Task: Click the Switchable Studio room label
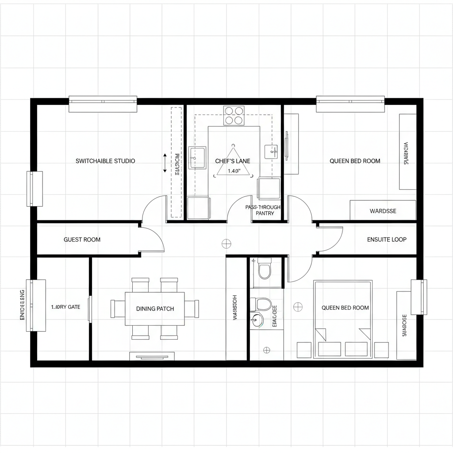pos(105,161)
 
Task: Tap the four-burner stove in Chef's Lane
pos(234,115)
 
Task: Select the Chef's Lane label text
pos(233,161)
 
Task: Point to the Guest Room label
pos(82,240)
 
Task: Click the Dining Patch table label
pos(155,309)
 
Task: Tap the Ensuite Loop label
pos(387,240)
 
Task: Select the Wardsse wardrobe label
pos(383,211)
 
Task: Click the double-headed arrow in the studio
pos(165,162)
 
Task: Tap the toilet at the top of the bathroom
pos(265,269)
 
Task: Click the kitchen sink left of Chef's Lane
pos(197,158)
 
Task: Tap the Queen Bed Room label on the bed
pos(345,308)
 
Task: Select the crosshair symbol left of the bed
pos(298,306)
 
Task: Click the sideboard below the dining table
pos(152,356)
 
